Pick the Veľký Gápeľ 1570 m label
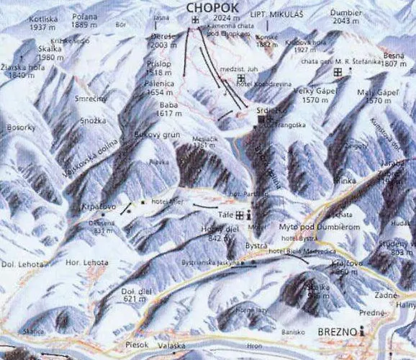312,96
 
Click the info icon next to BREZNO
363,330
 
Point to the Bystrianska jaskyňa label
209,262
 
